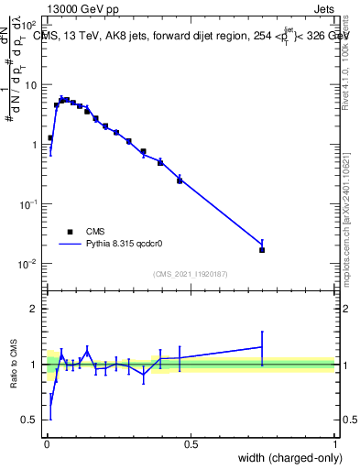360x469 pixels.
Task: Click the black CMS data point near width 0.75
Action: coord(262,249)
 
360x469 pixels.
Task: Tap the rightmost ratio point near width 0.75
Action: coord(262,346)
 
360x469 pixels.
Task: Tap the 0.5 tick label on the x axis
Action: coord(191,443)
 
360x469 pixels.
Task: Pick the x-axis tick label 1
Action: coord(335,443)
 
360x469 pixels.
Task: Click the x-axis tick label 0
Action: coord(47,443)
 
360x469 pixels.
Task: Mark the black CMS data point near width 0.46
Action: coord(180,180)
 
